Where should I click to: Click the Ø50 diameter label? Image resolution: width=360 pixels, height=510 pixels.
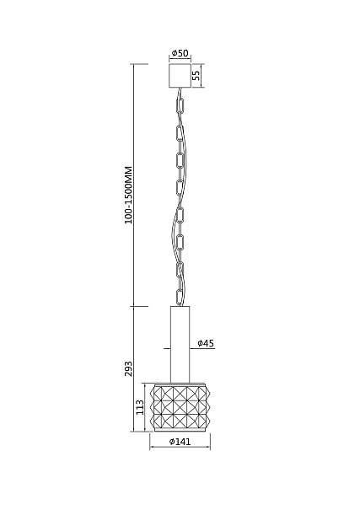tap(180, 53)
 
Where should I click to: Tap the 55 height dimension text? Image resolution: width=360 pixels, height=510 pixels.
tap(196, 76)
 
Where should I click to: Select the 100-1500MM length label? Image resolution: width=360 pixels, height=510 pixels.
tap(129, 195)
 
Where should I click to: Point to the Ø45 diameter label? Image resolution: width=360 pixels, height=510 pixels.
tap(206, 343)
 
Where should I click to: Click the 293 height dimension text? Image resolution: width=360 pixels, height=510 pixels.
tap(128, 369)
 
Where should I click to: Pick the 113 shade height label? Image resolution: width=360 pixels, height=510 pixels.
tap(140, 407)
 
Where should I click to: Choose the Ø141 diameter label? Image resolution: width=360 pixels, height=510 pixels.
tap(180, 442)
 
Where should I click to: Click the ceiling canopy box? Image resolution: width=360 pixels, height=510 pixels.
tap(180, 76)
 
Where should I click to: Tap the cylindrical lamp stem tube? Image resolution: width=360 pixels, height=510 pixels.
tap(180, 344)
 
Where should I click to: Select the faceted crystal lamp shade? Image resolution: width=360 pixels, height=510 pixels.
tap(180, 407)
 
